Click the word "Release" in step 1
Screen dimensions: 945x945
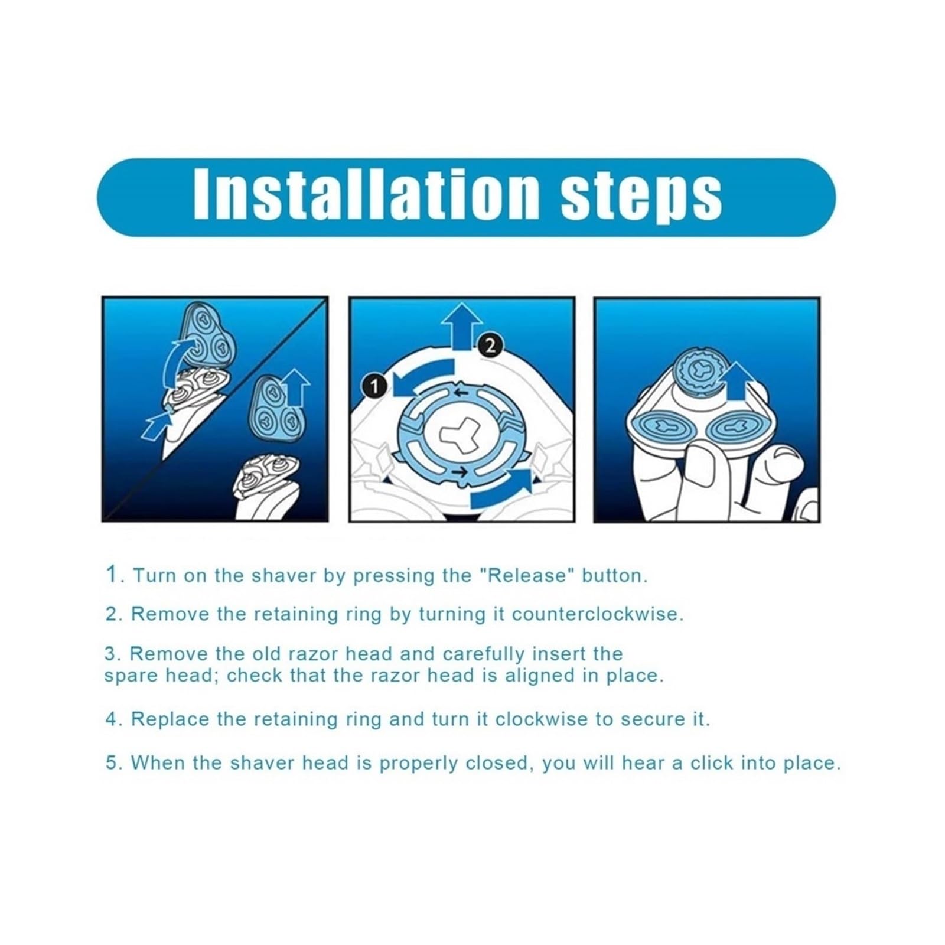pyautogui.click(x=526, y=575)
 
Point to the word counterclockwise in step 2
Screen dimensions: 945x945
pyautogui.click(x=597, y=614)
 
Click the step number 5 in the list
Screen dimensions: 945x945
pyautogui.click(x=112, y=762)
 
